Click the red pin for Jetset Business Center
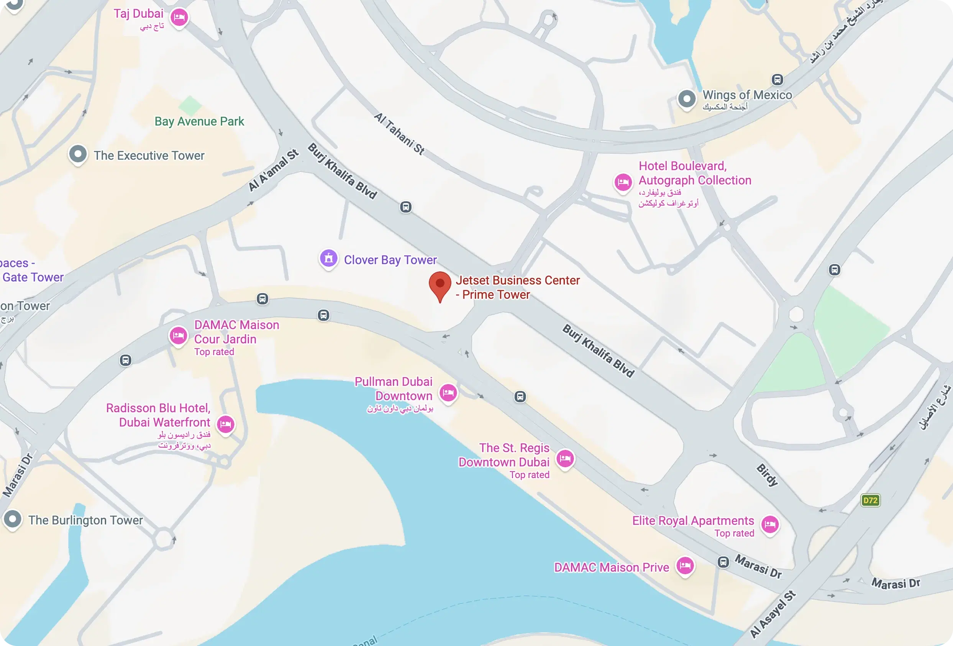pos(440,284)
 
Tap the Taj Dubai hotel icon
pos(179,17)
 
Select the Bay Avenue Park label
pos(199,121)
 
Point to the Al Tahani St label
pos(399,134)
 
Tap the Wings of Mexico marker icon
pos(687,98)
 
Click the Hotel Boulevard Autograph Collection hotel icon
pos(623,182)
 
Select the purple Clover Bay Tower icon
pos(328,258)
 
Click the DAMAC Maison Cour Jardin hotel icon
pos(179,336)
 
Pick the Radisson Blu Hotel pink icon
pos(226,424)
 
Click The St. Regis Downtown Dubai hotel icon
pos(565,458)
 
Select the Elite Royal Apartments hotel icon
pos(770,524)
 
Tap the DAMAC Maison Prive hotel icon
pos(685,566)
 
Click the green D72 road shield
pos(870,500)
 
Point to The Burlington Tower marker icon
pos(13,519)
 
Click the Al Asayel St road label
pos(773,614)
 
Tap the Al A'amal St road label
pos(274,171)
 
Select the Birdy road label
pos(767,475)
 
